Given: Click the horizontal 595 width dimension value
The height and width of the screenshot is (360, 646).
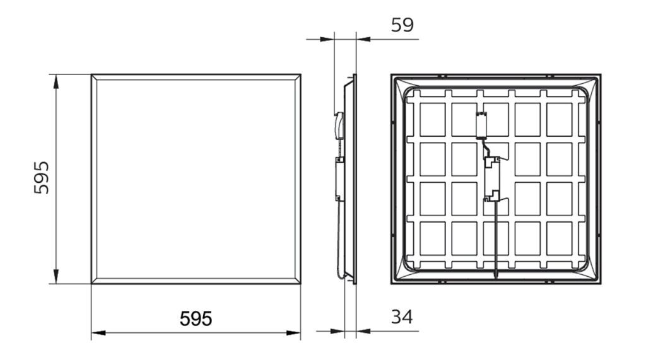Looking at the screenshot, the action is (x=196, y=318).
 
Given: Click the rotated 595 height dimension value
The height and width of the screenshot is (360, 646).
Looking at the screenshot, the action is (x=42, y=178).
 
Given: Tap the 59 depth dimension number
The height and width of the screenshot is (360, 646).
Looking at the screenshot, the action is (x=402, y=25).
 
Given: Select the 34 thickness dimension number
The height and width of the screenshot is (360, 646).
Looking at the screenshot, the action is (x=402, y=316).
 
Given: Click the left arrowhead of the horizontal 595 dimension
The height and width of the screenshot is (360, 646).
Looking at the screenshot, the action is (x=98, y=333).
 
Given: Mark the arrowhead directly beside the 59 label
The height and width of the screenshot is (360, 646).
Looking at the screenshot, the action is (x=364, y=39).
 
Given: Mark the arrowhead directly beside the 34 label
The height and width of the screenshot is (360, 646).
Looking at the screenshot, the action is (x=364, y=331).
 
